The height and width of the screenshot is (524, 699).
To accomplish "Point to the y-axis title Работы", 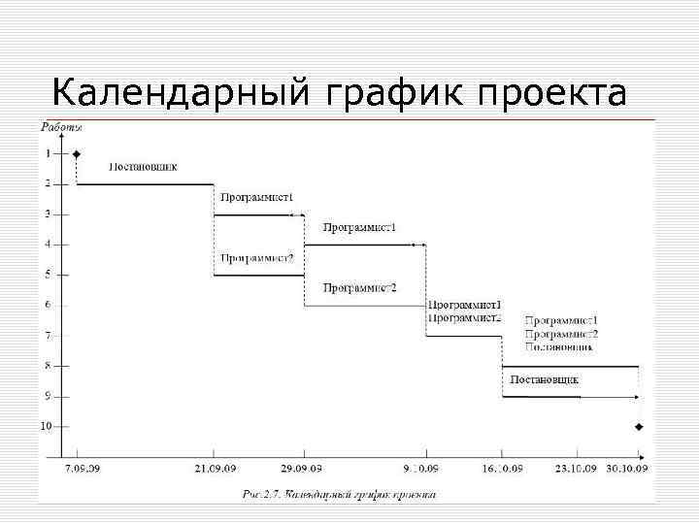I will [61, 126].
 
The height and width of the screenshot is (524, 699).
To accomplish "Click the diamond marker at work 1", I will [77, 153].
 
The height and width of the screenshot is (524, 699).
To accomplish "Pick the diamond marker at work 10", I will [639, 427].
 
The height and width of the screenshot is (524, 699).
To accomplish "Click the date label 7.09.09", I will [81, 470].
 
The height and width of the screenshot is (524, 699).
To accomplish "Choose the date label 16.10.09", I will [502, 470].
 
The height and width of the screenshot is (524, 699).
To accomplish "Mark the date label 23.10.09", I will [577, 470].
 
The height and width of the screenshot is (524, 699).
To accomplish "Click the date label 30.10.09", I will [629, 470].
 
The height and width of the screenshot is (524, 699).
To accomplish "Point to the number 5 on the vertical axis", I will [47, 275].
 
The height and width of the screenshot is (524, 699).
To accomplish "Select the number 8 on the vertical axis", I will [47, 366].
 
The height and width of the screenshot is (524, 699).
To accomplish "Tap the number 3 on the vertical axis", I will [47, 213].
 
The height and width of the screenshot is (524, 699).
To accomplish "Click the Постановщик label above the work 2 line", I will [143, 166].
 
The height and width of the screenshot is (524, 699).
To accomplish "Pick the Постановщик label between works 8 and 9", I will [545, 378].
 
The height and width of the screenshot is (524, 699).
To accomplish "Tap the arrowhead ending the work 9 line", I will [636, 397].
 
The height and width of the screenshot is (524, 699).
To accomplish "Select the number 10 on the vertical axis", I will [45, 426].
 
